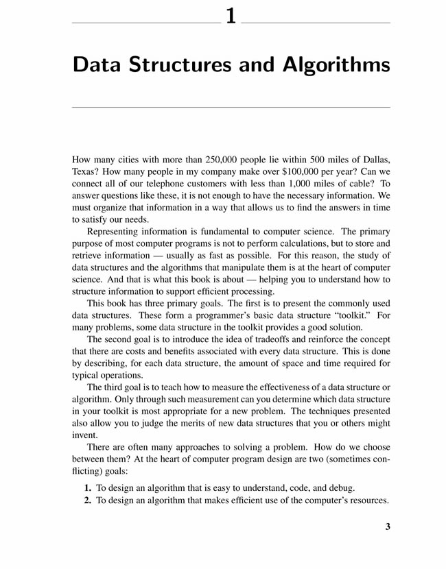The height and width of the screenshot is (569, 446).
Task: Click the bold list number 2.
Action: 87,500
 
